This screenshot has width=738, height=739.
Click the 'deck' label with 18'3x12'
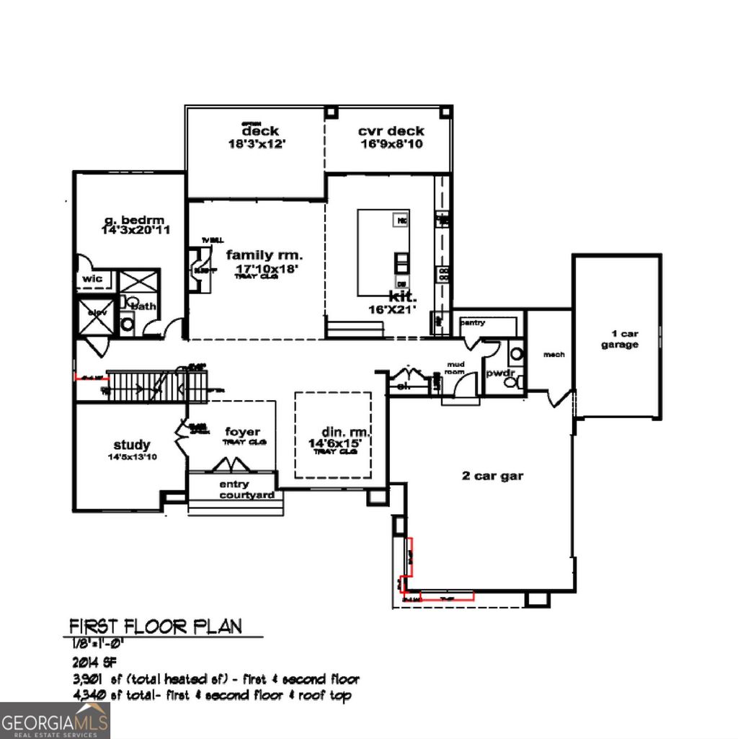tap(260, 132)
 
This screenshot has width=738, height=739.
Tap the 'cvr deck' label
tap(391, 131)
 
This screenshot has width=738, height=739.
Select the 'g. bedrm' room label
tap(133, 220)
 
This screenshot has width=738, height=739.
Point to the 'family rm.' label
tap(264, 255)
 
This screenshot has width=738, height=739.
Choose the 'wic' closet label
tap(93, 278)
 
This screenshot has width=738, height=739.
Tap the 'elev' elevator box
tap(95, 315)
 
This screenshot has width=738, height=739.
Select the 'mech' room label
tap(553, 354)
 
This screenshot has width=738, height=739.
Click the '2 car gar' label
tap(492, 475)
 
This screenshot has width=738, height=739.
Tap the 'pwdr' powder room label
tap(498, 373)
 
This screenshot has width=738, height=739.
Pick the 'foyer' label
tap(243, 432)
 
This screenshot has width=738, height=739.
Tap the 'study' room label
tap(132, 445)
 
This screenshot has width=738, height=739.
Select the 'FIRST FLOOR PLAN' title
tap(156, 625)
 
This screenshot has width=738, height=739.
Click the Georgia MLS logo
tap(55, 720)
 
